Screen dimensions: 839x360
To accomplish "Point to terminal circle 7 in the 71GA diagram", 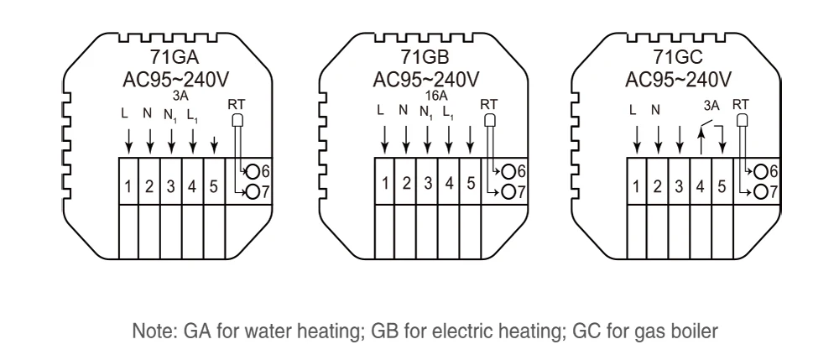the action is (254, 193).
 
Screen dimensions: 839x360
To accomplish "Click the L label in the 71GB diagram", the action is (382, 109).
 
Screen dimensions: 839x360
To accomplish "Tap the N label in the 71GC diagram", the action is (657, 109).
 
